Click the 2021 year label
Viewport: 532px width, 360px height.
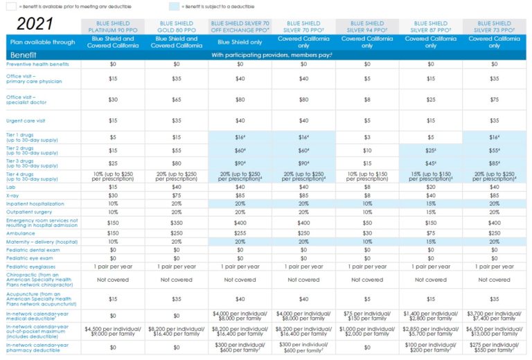(39, 24)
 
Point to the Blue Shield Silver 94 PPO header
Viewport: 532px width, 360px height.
(367, 27)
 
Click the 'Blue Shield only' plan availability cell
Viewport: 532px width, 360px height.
(240, 42)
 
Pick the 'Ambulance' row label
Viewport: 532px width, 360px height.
(21, 233)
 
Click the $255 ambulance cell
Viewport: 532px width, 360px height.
(240, 233)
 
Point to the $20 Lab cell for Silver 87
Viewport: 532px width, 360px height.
(431, 186)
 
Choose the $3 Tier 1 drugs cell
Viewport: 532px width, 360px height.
(367, 137)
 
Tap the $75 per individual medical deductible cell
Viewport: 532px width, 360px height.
(367, 316)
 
